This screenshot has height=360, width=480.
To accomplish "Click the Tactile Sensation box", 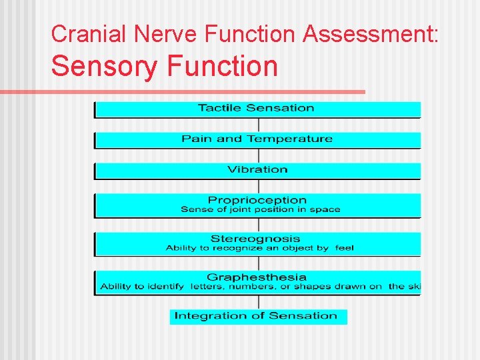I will pos(257,109).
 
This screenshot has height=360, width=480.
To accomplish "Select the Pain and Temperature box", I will pos(257,139).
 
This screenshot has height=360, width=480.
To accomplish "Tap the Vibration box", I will pos(257,170).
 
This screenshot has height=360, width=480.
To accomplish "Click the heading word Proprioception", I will pos(257,200).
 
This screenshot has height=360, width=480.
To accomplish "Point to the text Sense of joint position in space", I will pos(260,209).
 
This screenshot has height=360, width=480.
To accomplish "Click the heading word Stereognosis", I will pos(255,239).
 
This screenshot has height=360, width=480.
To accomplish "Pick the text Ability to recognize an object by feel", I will pos(259,248).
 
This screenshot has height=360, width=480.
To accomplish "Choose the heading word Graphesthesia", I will pos(257,277).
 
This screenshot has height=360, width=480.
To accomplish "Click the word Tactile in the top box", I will pos(219,108).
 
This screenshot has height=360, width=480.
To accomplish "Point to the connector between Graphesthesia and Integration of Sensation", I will pos(258,301).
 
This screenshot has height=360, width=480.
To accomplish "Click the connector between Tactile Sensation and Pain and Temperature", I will pos(258,125).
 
